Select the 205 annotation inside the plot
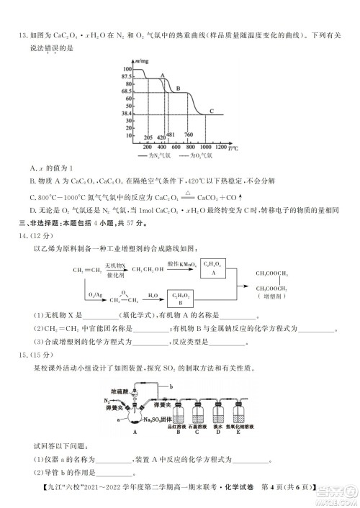pos(148,137)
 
